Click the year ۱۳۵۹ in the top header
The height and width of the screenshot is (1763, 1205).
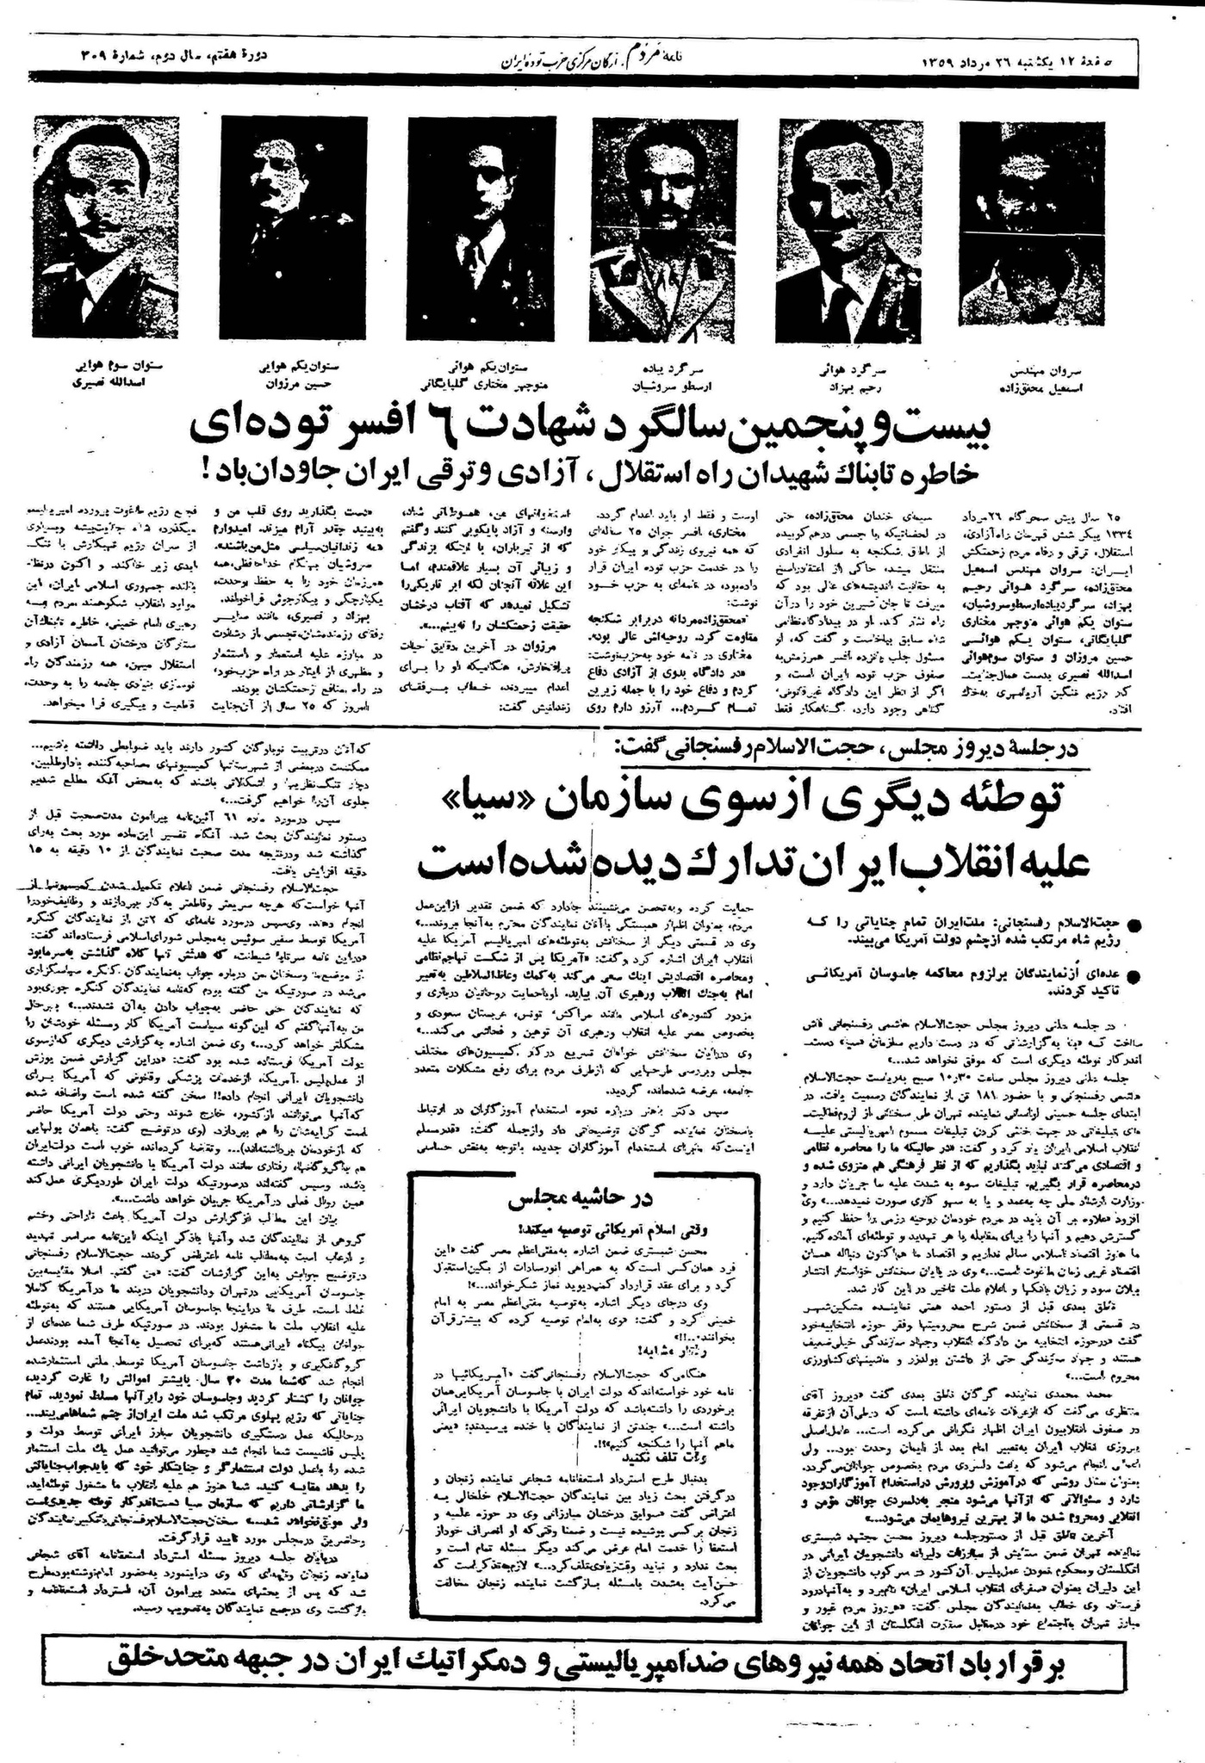tap(946, 62)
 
